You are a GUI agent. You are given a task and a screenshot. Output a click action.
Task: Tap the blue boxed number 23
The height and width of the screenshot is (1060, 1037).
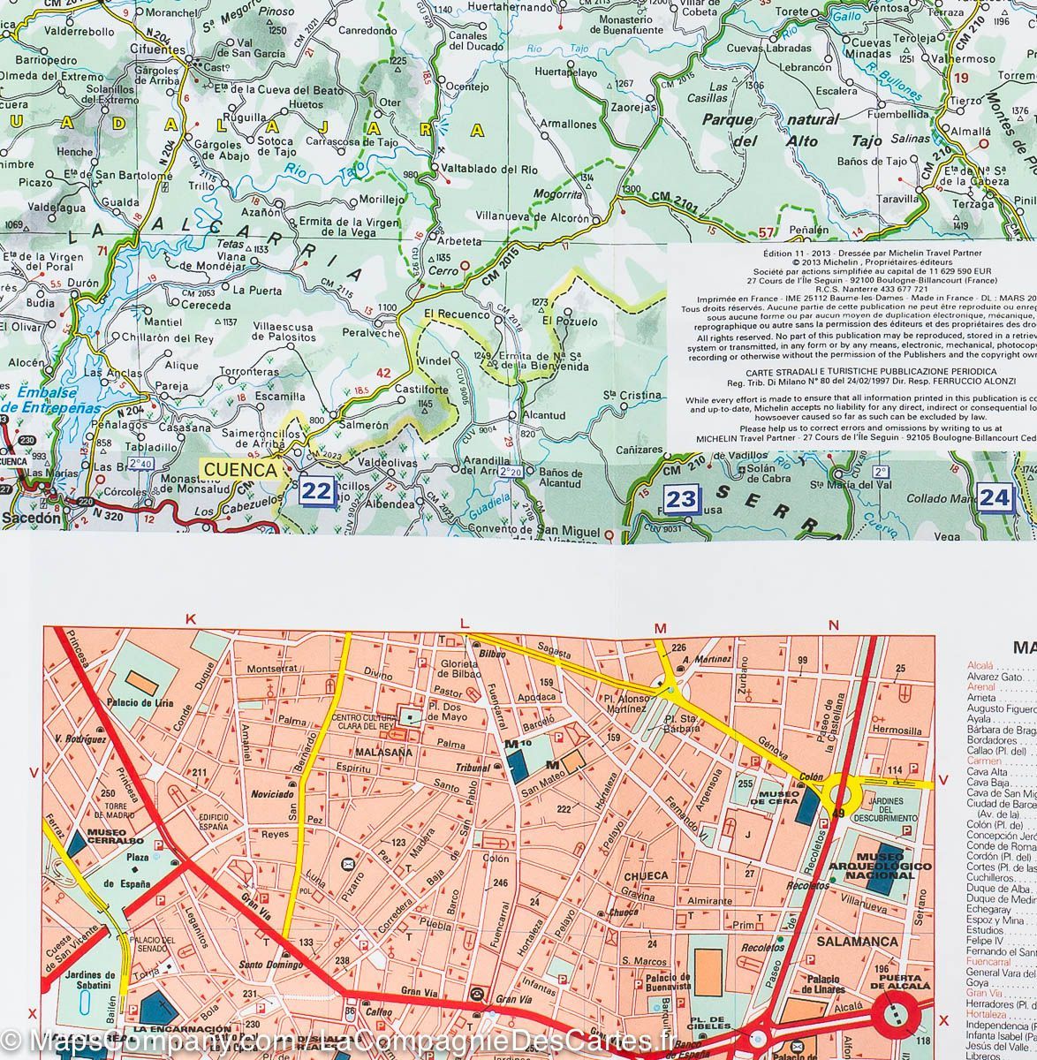pos(681,500)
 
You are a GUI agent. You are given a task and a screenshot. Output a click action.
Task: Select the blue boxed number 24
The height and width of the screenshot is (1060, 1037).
pos(995,497)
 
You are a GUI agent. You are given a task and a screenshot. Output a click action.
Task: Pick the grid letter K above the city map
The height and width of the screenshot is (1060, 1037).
pos(190,621)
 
